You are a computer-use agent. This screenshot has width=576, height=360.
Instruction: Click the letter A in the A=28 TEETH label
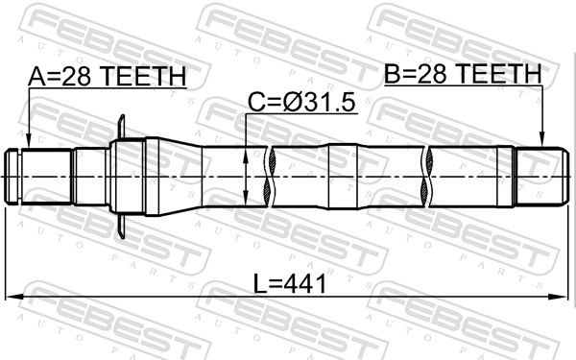(x=36, y=77)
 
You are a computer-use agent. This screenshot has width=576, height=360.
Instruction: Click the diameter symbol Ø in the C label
(x=288, y=101)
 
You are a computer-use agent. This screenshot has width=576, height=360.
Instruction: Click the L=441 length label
(x=289, y=284)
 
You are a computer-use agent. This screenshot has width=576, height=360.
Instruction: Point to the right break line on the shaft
(x=425, y=175)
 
